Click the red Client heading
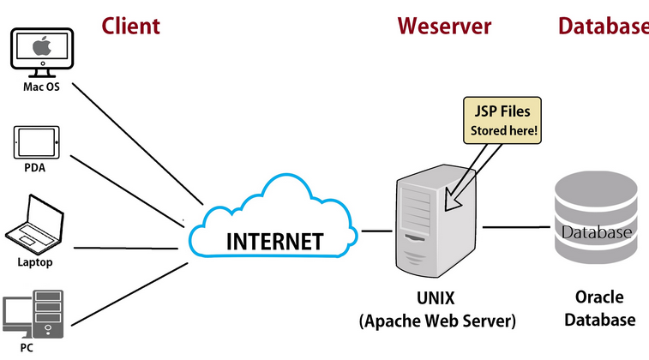pyautogui.click(x=130, y=26)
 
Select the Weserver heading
pyautogui.click(x=444, y=26)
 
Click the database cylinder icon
pyautogui.click(x=596, y=218)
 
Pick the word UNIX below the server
pyautogui.click(x=436, y=300)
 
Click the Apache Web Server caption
pyautogui.click(x=436, y=321)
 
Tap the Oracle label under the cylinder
pyautogui.click(x=599, y=298)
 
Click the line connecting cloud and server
pyautogui.click(x=376, y=231)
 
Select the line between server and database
pyautogui.click(x=514, y=227)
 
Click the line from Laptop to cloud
pyautogui.click(x=129, y=249)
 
